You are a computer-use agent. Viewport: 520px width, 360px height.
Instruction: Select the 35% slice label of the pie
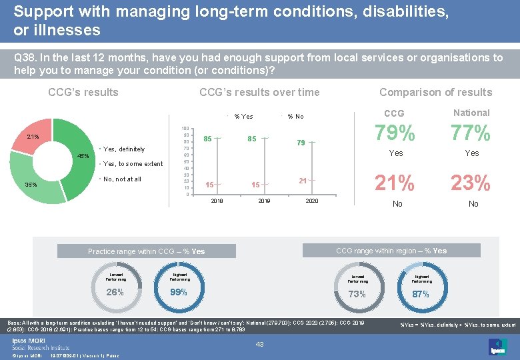coord(31,185)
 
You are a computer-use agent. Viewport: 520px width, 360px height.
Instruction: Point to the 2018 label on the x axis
coord(217,201)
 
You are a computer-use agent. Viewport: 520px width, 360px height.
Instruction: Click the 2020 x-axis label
coord(312,201)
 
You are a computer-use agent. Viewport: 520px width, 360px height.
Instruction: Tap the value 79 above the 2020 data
coord(301,143)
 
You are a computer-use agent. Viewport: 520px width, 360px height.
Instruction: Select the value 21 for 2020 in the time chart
coord(303,181)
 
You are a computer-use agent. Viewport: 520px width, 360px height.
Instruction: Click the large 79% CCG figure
coord(396,134)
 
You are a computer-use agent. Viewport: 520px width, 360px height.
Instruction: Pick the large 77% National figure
coord(471,134)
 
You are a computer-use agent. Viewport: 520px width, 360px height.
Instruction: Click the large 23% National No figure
coord(471,182)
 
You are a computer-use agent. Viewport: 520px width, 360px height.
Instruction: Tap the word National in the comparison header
coord(471,113)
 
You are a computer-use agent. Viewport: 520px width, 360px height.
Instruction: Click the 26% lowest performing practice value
coord(115,291)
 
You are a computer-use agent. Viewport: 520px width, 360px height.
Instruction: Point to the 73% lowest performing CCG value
coord(357,293)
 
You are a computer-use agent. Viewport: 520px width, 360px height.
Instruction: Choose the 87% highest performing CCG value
coord(421,293)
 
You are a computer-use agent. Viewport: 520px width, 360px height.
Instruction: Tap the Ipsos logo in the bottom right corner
coord(497,346)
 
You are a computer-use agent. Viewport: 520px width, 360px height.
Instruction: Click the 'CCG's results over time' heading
coord(259,92)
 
